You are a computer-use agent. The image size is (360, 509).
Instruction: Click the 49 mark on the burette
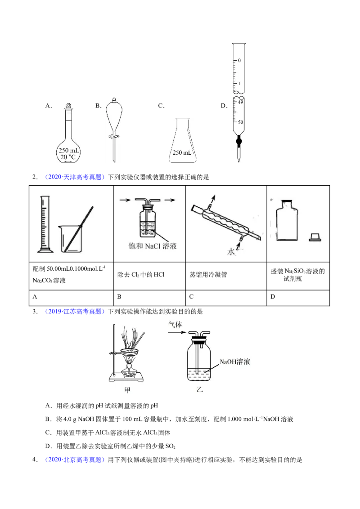pos(240,102)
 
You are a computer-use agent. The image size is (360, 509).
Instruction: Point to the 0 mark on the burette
pos(239,60)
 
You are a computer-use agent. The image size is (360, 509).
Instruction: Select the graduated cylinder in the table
pos(45,224)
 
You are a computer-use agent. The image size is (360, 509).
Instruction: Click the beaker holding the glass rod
pos(71,238)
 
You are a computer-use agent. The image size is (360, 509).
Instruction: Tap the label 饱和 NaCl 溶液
pos(153,246)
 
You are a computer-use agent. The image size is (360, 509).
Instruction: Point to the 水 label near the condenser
pos(231,252)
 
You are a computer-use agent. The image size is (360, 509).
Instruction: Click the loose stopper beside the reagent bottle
pos(315,237)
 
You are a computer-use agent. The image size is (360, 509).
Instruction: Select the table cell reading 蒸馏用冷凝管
pos(226,276)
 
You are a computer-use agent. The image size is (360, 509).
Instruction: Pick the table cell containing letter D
pos(298,297)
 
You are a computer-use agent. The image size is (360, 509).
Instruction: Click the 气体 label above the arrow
pos(175,324)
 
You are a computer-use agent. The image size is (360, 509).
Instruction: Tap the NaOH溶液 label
pos(234,362)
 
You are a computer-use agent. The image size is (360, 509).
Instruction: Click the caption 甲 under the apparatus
pos(127,390)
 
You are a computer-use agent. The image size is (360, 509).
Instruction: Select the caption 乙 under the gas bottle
pos(199,389)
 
